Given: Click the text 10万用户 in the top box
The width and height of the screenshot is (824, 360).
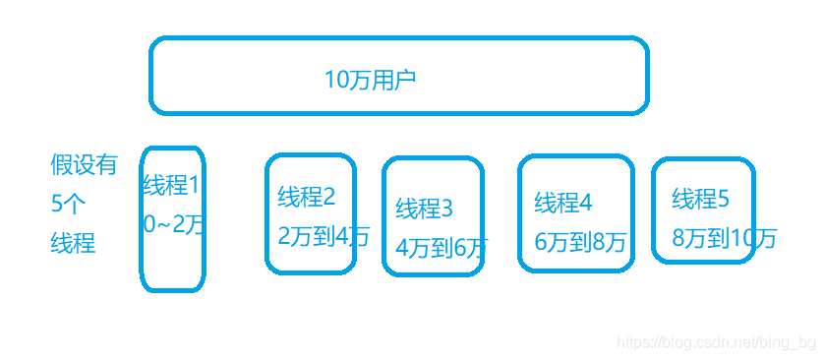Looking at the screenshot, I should point(370,80).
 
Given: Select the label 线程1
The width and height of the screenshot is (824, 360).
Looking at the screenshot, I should point(171,185).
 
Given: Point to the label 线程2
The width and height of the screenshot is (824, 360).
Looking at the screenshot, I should point(307,197).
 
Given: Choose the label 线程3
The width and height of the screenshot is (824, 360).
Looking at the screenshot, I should point(425,209).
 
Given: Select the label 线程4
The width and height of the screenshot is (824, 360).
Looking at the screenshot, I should point(563,203).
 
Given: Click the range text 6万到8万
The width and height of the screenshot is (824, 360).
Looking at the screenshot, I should point(580,242).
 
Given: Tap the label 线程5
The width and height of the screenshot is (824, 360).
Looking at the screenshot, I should point(701,200).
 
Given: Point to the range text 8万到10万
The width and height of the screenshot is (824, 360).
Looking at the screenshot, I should point(725,238).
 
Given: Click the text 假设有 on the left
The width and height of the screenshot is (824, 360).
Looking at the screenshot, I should point(84,164).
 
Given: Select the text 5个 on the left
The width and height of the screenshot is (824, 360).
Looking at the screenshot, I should point(69,204).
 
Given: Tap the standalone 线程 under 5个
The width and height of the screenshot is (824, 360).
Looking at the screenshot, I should point(73,243).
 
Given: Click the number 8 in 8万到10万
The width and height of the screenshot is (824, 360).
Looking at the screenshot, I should point(678,238).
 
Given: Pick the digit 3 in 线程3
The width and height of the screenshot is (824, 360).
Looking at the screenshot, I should point(447,209).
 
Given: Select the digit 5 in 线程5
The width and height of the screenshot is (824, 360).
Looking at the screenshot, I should point(724,200).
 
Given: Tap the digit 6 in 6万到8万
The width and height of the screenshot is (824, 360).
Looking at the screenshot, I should point(541,242).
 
